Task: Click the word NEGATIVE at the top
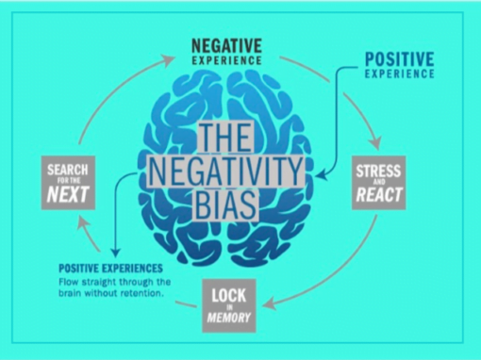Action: click(227, 44)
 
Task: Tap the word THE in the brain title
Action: click(226, 140)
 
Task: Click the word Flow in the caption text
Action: click(70, 281)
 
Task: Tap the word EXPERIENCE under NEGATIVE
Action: click(227, 58)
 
